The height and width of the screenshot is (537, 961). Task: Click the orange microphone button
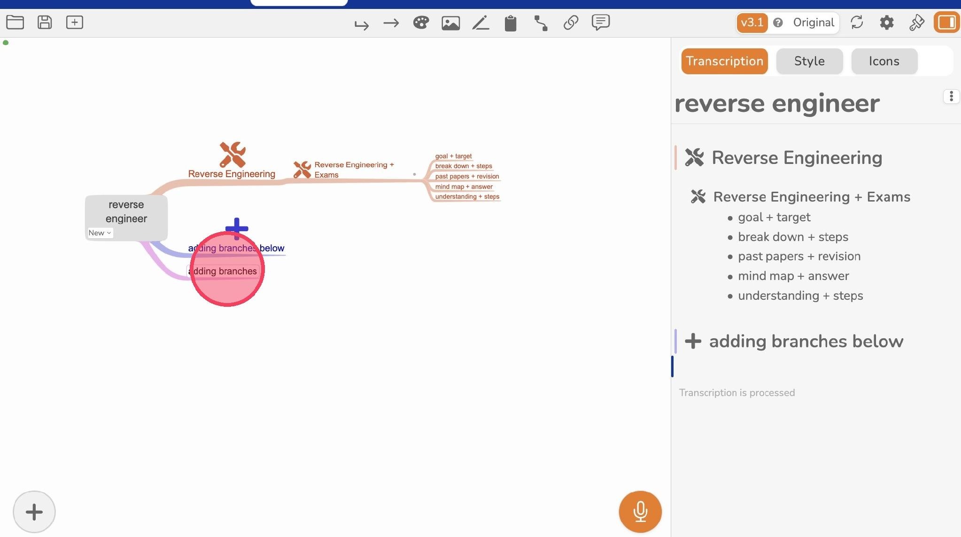tap(640, 512)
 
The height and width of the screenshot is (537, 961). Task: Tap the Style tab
tap(809, 61)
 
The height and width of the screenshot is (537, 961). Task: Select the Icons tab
tap(884, 61)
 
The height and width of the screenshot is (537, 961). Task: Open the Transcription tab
tap(724, 61)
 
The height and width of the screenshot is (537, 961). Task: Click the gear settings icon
tap(886, 23)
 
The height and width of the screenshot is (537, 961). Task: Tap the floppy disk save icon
tap(45, 22)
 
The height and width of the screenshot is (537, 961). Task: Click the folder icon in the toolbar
tap(15, 22)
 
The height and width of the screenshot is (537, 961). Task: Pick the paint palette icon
tap(421, 23)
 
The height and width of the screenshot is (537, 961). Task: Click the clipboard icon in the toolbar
tap(511, 23)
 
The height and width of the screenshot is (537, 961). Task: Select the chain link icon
tap(571, 23)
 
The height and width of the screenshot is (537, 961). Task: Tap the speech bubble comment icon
tap(601, 23)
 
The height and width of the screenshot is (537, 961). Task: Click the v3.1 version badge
tap(752, 23)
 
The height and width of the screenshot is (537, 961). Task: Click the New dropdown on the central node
tap(100, 233)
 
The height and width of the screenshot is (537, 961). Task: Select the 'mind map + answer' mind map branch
tap(464, 187)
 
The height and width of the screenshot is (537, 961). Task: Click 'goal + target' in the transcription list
tap(774, 217)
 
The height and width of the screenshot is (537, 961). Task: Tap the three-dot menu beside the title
tap(951, 96)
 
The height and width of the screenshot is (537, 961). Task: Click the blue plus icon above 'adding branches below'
tap(237, 228)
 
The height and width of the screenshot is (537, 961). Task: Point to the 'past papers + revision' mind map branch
tap(467, 176)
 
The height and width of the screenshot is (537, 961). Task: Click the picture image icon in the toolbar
tap(450, 23)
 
